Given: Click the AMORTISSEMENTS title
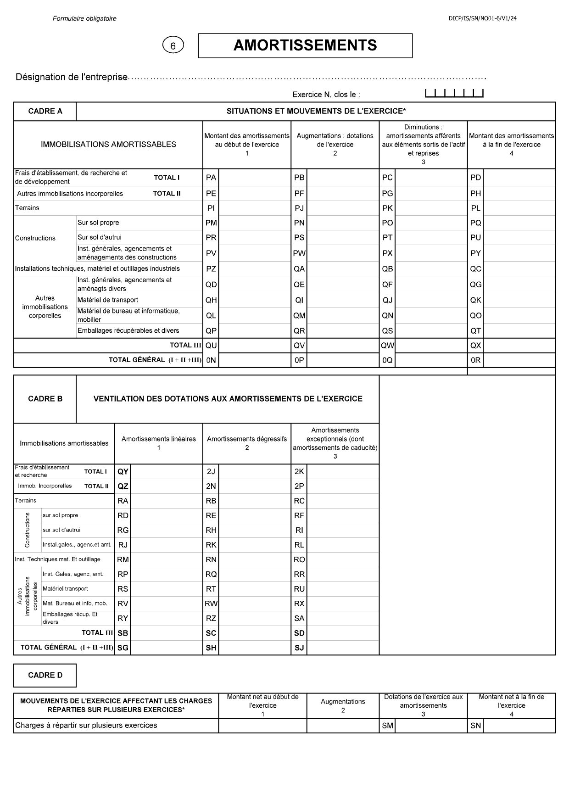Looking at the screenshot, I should [x=305, y=45].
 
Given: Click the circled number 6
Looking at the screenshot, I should [x=173, y=45].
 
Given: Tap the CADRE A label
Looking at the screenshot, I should [x=45, y=111].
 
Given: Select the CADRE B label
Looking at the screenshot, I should [x=45, y=399].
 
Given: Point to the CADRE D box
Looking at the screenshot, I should [x=45, y=675].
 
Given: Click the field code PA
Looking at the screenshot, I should [x=211, y=178].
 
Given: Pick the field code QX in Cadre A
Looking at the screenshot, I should [x=475, y=346].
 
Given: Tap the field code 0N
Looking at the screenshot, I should [x=211, y=360].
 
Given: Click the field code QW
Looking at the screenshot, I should [x=387, y=346].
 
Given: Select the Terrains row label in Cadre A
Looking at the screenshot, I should [x=27, y=208].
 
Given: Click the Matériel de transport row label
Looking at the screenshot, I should [x=107, y=300].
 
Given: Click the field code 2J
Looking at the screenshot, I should [x=211, y=471].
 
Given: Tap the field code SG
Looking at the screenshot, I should [x=123, y=648].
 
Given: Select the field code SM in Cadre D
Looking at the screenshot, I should [x=387, y=726].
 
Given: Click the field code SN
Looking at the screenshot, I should [x=475, y=726].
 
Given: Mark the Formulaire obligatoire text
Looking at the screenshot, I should [x=84, y=19].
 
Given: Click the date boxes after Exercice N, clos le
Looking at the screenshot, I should [x=454, y=94].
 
